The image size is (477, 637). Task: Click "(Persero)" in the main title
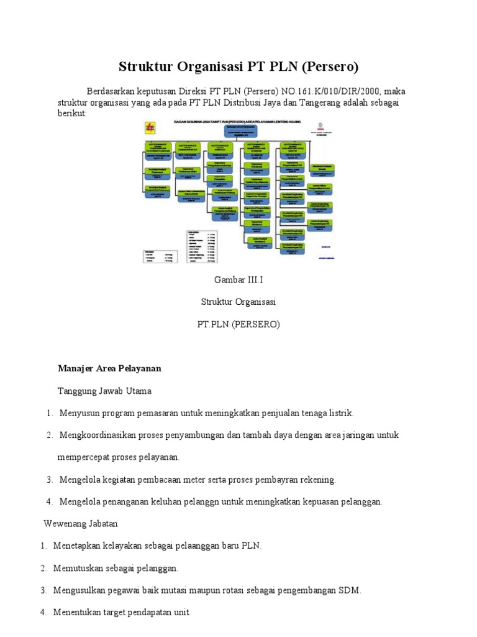pos(329,67)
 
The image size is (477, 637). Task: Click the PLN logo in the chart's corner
pos(149,129)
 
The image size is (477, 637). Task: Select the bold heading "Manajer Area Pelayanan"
pos(109,368)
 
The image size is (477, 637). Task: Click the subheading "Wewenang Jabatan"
pos(81,523)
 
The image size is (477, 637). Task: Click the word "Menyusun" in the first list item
pos(81,413)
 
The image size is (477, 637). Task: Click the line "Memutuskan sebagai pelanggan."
pos(116,568)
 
